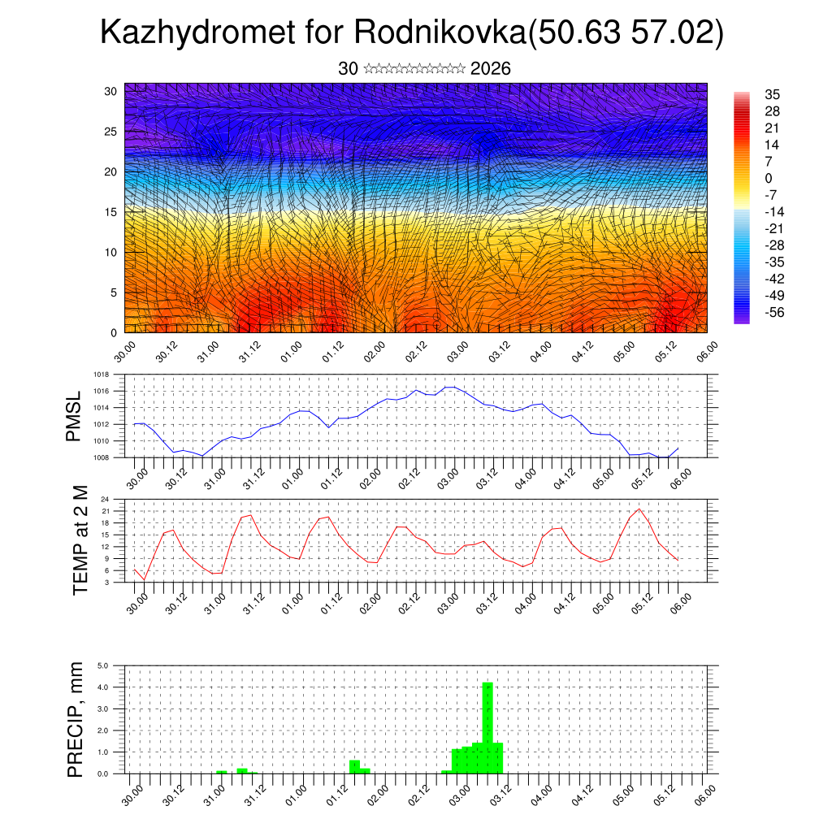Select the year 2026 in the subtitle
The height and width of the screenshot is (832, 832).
coord(490,69)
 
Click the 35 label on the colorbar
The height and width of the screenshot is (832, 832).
coord(772,95)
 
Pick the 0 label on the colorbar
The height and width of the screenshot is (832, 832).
coord(769,178)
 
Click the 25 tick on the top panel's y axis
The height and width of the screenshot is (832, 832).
coord(111,132)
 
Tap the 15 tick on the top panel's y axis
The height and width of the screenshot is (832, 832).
coord(111,212)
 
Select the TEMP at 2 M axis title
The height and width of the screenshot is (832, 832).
coord(80,539)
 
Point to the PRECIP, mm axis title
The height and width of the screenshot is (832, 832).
coord(76,718)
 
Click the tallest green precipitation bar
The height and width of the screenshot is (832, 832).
coord(487,727)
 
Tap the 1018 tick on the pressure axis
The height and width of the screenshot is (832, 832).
coord(102,375)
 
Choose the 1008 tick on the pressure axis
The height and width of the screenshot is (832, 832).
coord(102,457)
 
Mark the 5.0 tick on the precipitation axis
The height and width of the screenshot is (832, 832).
coord(103,665)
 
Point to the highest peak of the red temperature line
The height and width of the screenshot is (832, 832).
coord(639,509)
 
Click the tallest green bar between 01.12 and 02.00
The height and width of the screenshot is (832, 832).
coord(354,766)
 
